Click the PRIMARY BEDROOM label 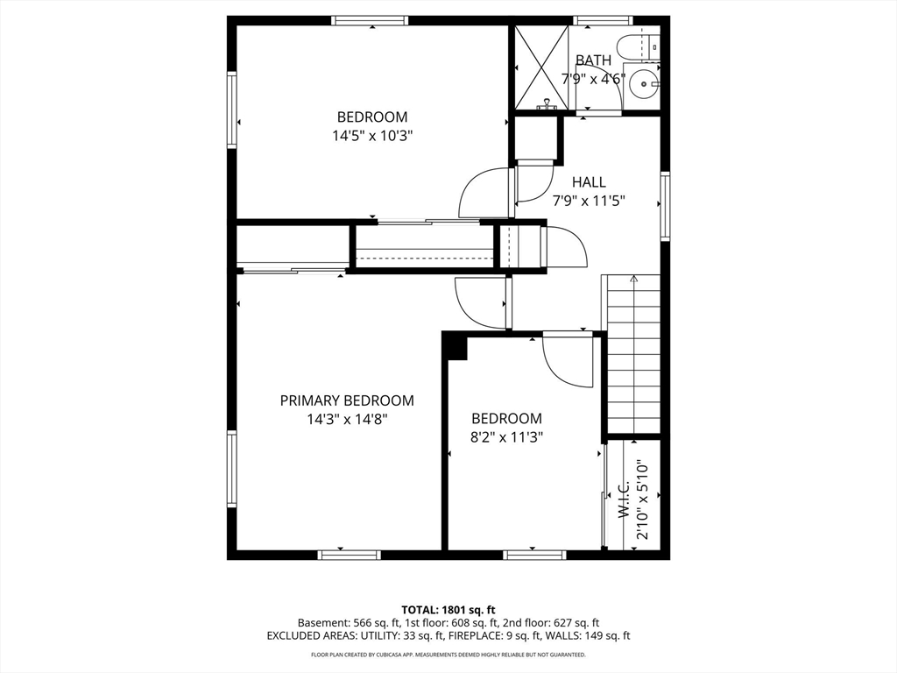pos(347,400)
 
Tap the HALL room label pos(589,182)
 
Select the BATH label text pos(593,60)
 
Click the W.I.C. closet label pos(624,499)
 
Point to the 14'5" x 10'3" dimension pos(372,136)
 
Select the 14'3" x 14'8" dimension pos(347,420)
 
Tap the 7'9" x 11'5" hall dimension pos(589,201)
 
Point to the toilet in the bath pos(639,46)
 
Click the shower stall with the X pos(541,67)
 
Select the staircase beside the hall pos(633,354)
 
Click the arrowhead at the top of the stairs pos(633,279)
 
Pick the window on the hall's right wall pos(666,206)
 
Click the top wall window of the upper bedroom pos(371,21)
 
